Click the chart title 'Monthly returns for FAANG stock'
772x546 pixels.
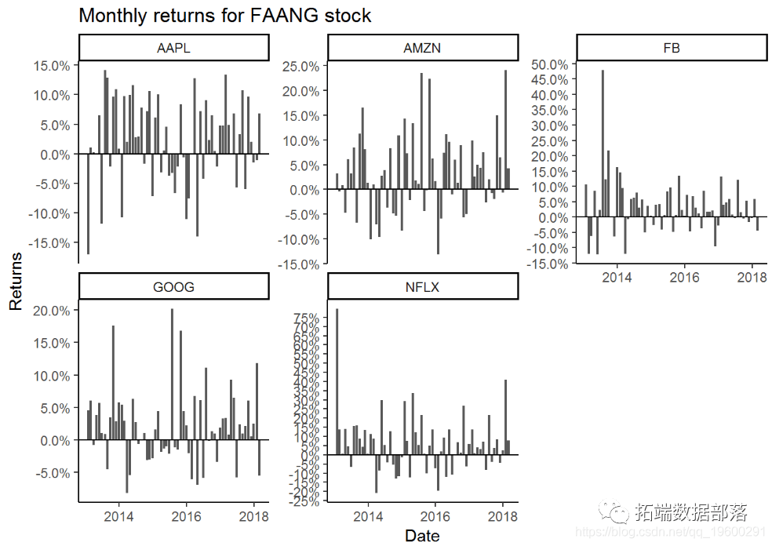pyautogui.click(x=225, y=16)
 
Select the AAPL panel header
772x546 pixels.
pyautogui.click(x=174, y=49)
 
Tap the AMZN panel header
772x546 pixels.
pyautogui.click(x=422, y=49)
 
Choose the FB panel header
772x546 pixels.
pyautogui.click(x=671, y=49)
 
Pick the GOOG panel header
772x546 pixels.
pyautogui.click(x=174, y=287)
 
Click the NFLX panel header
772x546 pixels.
pyautogui.click(x=422, y=287)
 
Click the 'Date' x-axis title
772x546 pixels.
pyautogui.click(x=422, y=536)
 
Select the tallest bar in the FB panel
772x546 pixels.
pyautogui.click(x=603, y=144)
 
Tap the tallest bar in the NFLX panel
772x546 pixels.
pyautogui.click(x=337, y=381)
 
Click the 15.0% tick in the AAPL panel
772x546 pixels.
pyautogui.click(x=52, y=66)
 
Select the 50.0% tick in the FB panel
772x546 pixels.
pyautogui.click(x=549, y=64)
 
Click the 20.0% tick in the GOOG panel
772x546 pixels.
pyautogui.click(x=52, y=311)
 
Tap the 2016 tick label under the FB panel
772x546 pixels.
pyautogui.click(x=684, y=278)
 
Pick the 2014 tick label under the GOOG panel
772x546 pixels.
pyautogui.click(x=119, y=516)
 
